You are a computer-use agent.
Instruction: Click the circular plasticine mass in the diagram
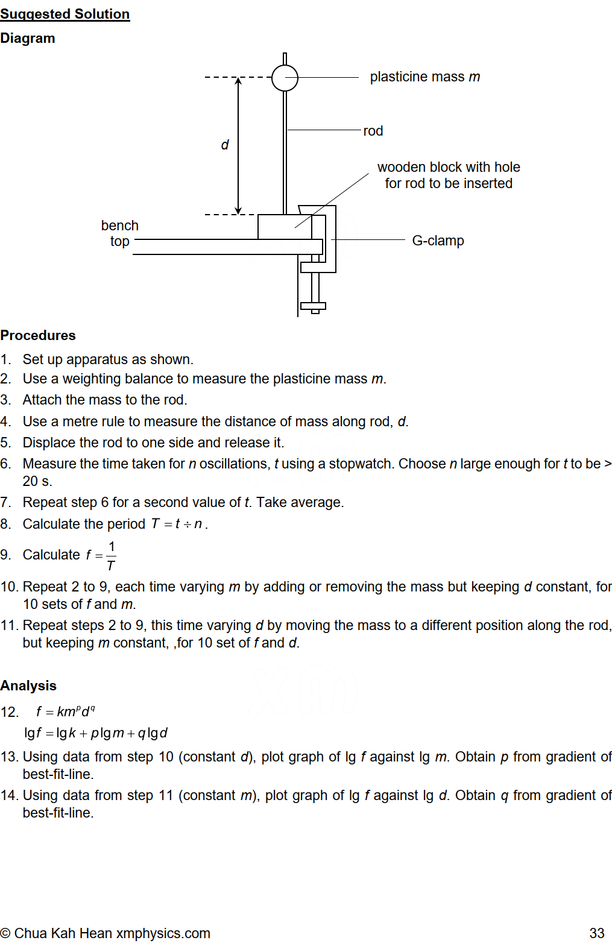click(285, 78)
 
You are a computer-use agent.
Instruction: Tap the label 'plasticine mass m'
click(424, 77)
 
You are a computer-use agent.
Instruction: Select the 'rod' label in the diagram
click(373, 131)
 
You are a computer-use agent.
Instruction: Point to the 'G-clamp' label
click(438, 241)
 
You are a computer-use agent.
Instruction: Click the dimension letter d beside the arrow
click(225, 145)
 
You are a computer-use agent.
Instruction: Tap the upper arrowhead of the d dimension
click(238, 81)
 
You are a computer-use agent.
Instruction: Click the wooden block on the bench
click(283, 227)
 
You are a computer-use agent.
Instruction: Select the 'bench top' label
click(120, 233)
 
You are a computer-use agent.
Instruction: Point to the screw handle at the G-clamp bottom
click(314, 306)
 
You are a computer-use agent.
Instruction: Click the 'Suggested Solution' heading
click(65, 14)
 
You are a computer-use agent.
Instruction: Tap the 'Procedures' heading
click(38, 335)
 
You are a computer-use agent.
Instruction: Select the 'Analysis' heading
click(28, 686)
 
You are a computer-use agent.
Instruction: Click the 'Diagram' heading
click(28, 38)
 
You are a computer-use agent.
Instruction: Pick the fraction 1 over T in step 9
click(111, 555)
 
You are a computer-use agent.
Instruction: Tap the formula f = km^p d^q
click(65, 711)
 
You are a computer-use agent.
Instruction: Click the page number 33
click(596, 933)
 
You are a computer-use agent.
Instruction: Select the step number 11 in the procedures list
click(8, 625)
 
